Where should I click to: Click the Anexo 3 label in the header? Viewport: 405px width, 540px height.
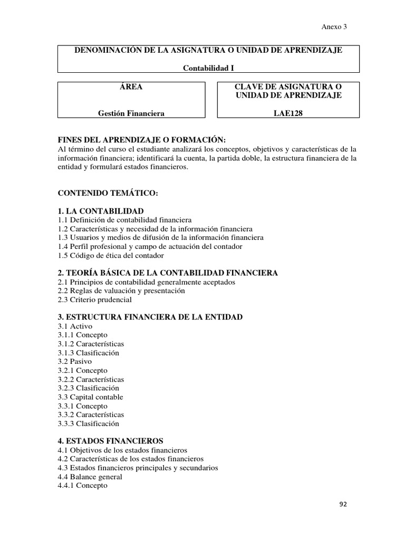point(334,26)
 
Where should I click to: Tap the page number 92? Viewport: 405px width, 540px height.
point(343,504)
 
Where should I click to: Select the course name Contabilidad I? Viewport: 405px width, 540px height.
point(208,67)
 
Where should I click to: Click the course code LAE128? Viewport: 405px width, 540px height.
point(288,113)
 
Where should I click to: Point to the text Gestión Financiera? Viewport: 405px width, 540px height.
point(131,113)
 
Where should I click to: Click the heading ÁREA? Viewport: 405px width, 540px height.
point(131,86)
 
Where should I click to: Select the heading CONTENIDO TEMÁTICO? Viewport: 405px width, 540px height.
point(108,193)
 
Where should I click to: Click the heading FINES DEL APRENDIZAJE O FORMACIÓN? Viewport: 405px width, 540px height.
point(141,139)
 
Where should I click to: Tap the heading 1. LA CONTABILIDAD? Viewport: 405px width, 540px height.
point(100,210)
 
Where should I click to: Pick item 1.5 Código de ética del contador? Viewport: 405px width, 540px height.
point(111,255)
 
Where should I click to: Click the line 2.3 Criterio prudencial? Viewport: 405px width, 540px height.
point(95,300)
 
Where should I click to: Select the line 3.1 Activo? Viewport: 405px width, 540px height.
point(74,326)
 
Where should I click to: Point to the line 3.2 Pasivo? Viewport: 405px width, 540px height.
point(74,361)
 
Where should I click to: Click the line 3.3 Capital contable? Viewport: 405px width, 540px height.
point(90,397)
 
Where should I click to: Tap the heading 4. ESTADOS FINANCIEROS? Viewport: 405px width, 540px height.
point(110,440)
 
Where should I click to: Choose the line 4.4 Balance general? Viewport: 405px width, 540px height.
point(90,476)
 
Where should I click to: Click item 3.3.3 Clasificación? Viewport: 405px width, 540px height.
point(89,423)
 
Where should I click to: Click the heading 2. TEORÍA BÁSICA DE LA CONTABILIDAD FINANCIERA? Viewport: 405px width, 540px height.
point(168,273)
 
